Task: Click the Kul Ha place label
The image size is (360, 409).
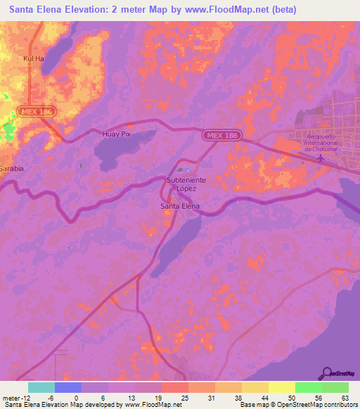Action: coord(34,58)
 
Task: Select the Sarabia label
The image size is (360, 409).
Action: coord(11,169)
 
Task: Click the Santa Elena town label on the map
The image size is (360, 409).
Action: coord(180,206)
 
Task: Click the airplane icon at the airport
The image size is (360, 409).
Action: coord(321,157)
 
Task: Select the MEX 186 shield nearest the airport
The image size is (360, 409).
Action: coord(221,135)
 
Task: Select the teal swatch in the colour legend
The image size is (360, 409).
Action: coord(41,387)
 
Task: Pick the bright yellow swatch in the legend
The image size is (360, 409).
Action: coord(282,387)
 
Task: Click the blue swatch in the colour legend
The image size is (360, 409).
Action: coord(68,387)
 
